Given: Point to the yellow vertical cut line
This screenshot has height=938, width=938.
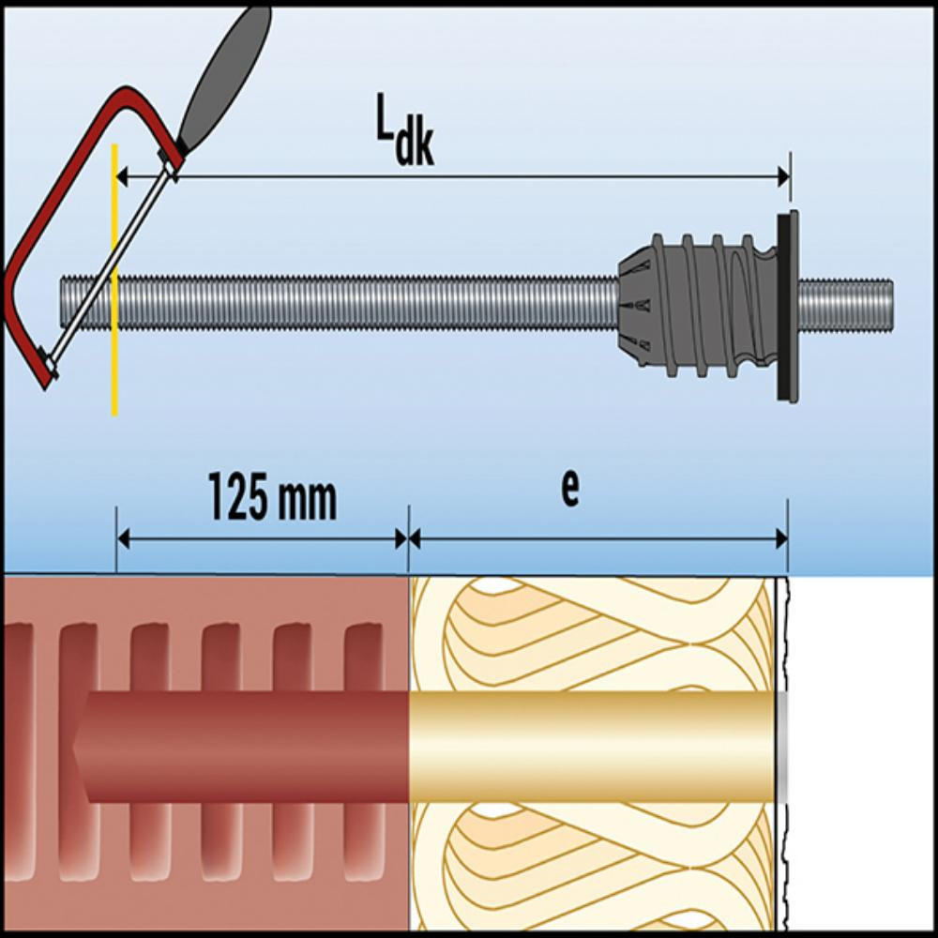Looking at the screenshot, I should point(114,356).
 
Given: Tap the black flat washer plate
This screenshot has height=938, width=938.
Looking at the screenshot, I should point(786,306).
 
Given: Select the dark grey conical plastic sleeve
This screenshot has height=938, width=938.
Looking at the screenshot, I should point(694,306).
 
